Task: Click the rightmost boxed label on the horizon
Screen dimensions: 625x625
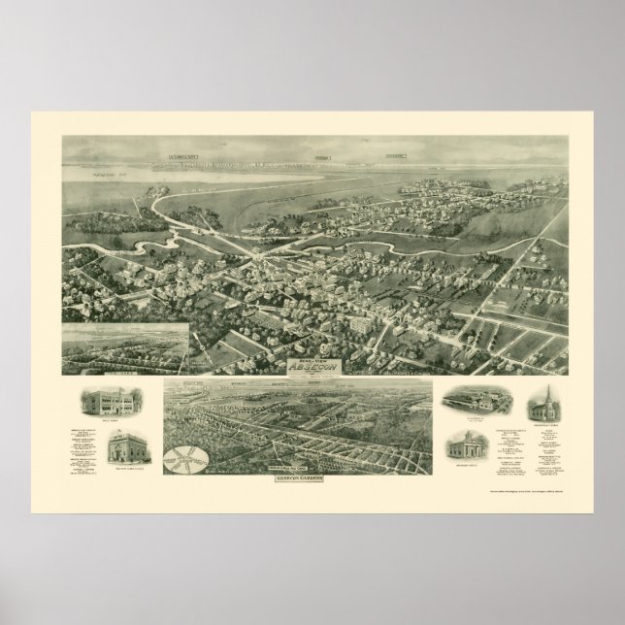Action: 392,154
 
